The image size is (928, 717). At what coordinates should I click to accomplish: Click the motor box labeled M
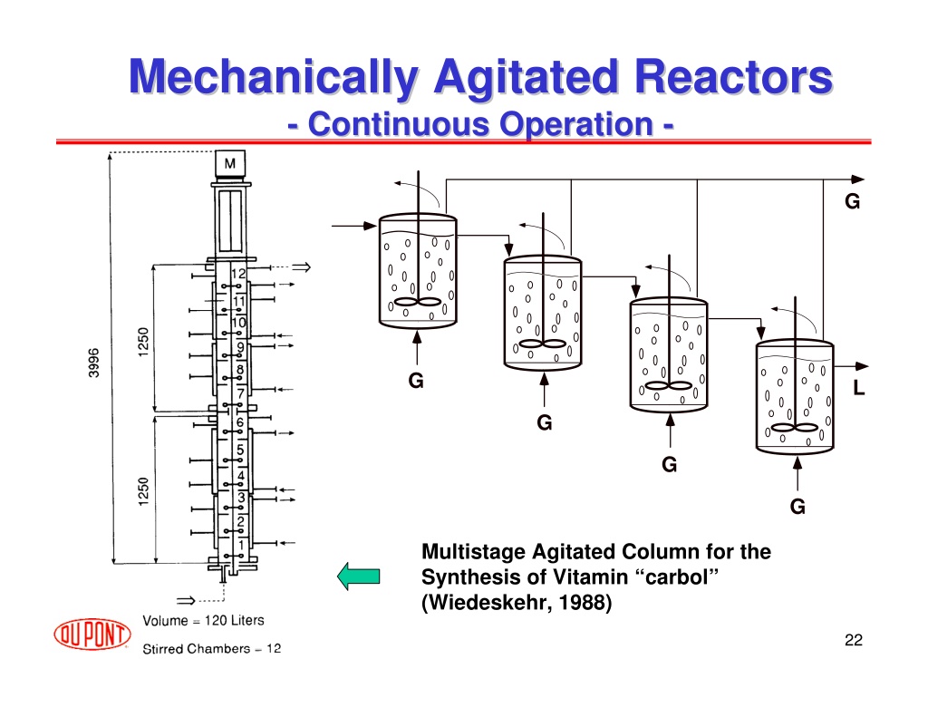[229, 163]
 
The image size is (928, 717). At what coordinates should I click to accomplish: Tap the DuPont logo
[92, 635]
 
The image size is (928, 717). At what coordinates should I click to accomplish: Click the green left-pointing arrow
[359, 577]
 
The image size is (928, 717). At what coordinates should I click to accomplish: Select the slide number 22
[854, 640]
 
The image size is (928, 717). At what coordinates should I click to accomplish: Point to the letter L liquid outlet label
[859, 388]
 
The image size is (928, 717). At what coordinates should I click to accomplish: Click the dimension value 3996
[93, 363]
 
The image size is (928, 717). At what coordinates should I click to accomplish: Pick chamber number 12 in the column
[238, 274]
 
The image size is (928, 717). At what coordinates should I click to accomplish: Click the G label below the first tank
[416, 381]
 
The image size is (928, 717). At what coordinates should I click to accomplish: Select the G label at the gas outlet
[852, 201]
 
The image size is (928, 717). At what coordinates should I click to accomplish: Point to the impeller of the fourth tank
[795, 428]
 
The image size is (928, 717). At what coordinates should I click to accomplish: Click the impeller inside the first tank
[418, 302]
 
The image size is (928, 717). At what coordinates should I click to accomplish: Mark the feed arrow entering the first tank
[354, 226]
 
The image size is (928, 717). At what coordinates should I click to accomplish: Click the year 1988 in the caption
[585, 602]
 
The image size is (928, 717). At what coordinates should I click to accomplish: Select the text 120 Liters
[235, 621]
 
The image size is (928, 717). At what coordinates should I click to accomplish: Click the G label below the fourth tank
[797, 507]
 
